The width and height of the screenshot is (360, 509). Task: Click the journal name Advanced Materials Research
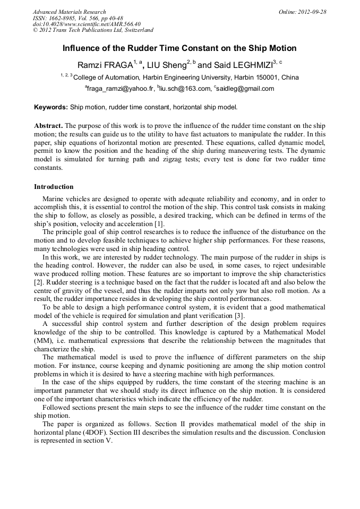click(x=70, y=12)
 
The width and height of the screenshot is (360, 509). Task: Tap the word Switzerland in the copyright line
click(x=134, y=30)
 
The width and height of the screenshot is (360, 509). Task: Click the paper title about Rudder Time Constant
click(x=179, y=48)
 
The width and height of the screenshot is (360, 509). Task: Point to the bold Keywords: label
click(x=51, y=107)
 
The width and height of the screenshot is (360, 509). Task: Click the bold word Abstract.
click(x=48, y=126)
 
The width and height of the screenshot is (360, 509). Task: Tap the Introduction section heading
click(x=54, y=187)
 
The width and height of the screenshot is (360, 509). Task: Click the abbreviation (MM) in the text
click(x=43, y=341)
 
